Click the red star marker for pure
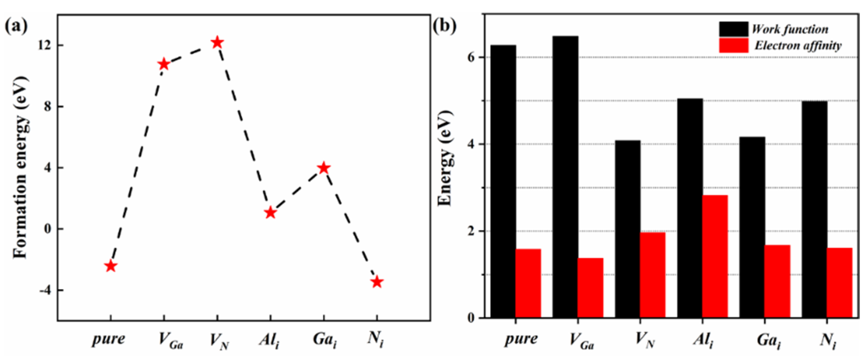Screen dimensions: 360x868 [110, 266]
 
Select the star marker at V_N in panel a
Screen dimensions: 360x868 [217, 43]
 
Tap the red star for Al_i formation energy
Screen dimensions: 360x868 [270, 213]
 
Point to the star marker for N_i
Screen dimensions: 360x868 [377, 282]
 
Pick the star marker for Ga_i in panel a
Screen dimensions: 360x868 [324, 168]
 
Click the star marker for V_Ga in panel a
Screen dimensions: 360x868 [164, 64]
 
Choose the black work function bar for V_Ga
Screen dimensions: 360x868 [565, 177]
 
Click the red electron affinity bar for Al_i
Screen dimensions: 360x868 [715, 256]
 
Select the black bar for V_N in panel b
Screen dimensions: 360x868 [627, 229]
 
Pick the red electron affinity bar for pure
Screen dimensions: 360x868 [528, 284]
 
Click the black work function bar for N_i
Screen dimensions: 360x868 [814, 209]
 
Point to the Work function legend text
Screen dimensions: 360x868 [790, 29]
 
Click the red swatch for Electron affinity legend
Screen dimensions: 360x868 [733, 46]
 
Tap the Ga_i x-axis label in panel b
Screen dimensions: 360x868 [769, 340]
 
